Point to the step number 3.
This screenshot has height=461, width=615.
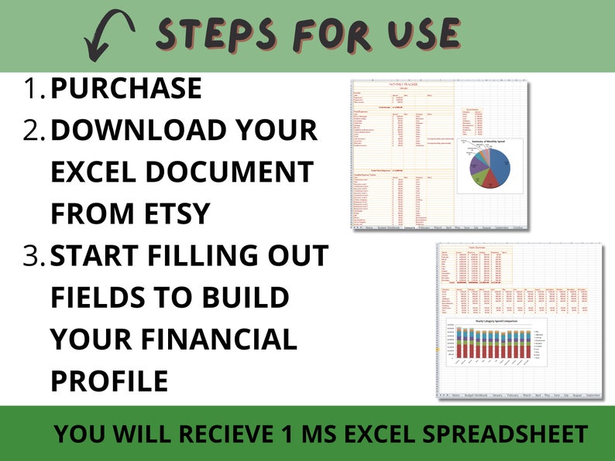(34, 256)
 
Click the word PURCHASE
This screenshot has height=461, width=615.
(125, 89)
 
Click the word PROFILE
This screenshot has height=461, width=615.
(109, 381)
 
